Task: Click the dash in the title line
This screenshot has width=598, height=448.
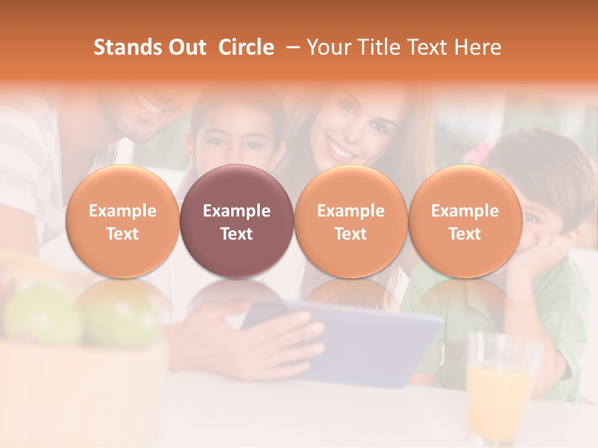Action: point(290,47)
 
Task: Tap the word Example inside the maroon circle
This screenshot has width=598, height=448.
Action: point(237,211)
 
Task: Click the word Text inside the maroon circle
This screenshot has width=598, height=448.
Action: point(237,234)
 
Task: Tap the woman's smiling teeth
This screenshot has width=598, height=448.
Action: point(341,150)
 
